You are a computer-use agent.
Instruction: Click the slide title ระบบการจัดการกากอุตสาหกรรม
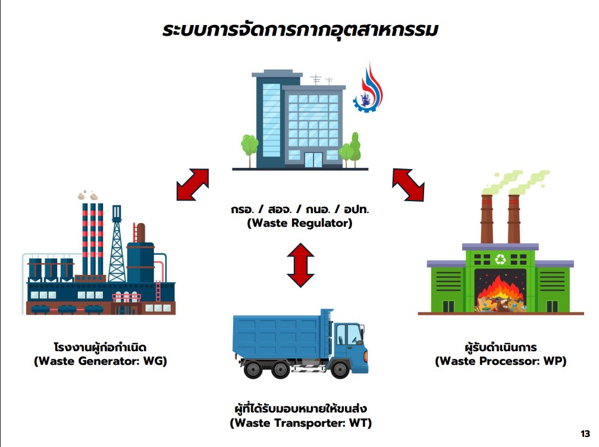coord(300,30)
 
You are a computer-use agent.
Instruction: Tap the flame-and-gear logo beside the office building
coord(368,88)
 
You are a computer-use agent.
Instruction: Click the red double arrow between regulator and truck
coord(300,265)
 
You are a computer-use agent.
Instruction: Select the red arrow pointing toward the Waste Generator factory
coord(193,185)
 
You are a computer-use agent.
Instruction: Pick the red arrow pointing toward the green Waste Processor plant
coord(409,185)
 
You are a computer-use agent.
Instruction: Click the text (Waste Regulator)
coord(300,223)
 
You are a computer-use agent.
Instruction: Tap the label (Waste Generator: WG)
coord(101,361)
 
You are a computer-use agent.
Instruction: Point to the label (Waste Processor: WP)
coord(500,361)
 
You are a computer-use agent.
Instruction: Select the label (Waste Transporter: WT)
coord(300,423)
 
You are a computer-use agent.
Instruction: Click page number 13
coord(585,434)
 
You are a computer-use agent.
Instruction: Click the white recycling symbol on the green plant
coord(500,260)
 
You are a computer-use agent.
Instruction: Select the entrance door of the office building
coord(313,160)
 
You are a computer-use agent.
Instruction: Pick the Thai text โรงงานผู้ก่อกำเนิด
coord(101,347)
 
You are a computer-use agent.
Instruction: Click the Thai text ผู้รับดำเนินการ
coord(501,347)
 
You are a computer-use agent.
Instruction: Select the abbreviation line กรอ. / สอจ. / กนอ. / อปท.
coord(300,210)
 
